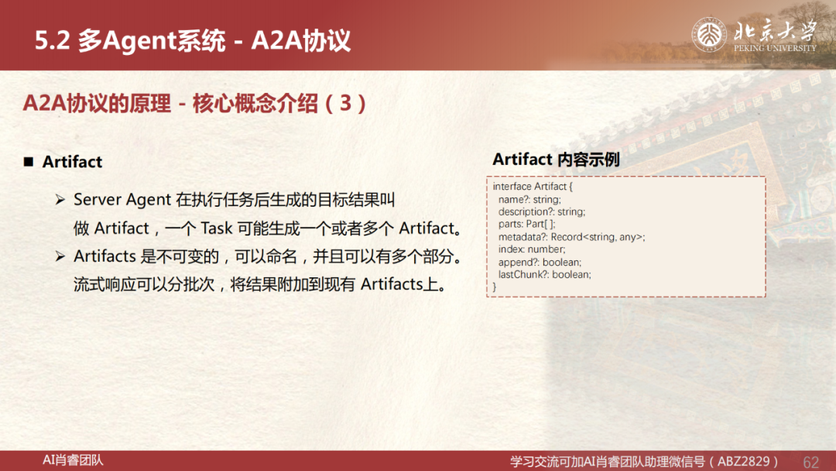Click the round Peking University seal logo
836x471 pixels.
tap(708, 35)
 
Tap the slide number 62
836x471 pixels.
tap(810, 462)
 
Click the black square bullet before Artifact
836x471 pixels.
tap(29, 162)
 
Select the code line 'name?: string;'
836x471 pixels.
tap(529, 200)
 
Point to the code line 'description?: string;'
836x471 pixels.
tap(542, 211)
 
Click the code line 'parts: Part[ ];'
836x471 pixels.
tap(527, 224)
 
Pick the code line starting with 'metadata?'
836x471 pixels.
tap(571, 237)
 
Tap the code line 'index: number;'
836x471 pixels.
tap(532, 249)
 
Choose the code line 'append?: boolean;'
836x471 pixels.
tap(540, 262)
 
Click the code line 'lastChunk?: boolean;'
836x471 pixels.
tap(544, 275)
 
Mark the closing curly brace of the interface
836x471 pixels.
tap(494, 287)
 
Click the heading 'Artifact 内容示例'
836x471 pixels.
tap(556, 159)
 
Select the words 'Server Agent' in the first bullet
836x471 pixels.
tap(122, 200)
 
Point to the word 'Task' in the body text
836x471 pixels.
tap(217, 229)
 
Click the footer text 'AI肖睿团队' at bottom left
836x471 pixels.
tap(73, 460)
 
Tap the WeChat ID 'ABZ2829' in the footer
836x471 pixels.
tap(744, 461)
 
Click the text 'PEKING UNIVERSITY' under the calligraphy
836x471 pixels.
tap(775, 48)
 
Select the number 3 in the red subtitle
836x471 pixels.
tap(345, 103)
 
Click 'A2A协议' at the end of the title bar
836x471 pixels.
tap(300, 40)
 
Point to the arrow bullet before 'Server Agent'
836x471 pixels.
tap(60, 200)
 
